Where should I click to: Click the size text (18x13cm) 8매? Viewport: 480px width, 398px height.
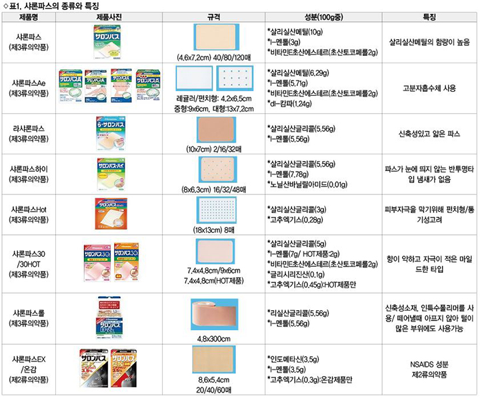[x=214, y=230]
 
